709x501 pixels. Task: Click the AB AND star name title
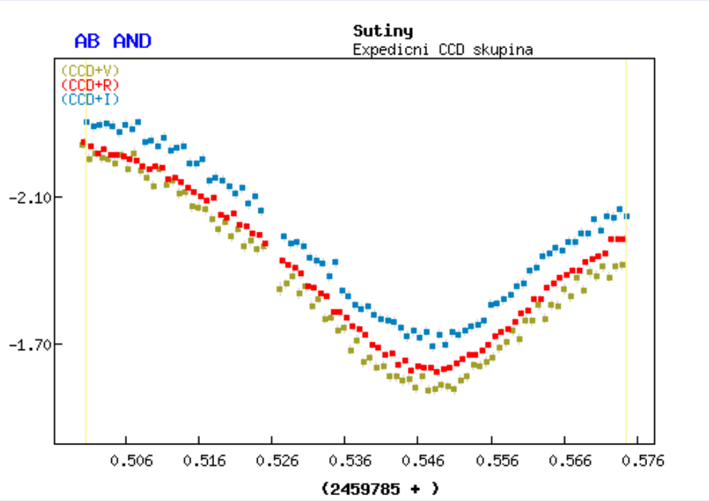click(x=113, y=42)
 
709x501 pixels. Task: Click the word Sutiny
click(x=383, y=31)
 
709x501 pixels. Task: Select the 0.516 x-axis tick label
click(x=204, y=461)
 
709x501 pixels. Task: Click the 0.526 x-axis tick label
click(x=277, y=461)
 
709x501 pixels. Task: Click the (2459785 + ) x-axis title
click(x=380, y=488)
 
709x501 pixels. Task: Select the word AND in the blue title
click(x=132, y=42)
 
